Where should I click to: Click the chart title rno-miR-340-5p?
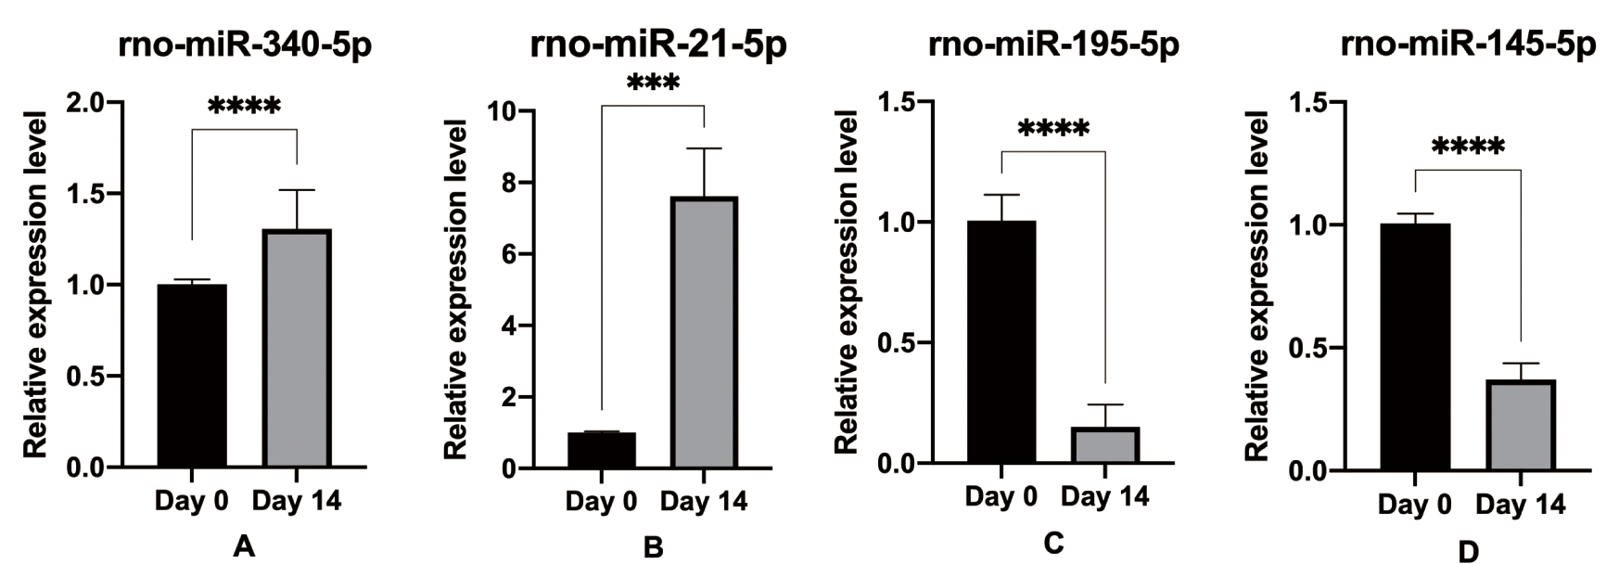click(x=245, y=45)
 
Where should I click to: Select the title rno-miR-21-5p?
click(x=658, y=45)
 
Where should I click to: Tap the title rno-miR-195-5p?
click(x=1054, y=45)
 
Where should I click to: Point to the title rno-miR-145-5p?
click(x=1469, y=45)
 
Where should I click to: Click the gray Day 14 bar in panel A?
click(x=297, y=349)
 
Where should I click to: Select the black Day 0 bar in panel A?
click(x=192, y=376)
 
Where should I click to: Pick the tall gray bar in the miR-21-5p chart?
click(x=704, y=333)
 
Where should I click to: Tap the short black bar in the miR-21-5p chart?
click(x=602, y=451)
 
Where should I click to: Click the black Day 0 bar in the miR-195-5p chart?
click(x=1001, y=342)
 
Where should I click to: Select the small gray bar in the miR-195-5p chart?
click(x=1105, y=445)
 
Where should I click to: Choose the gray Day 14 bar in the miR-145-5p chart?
click(x=1521, y=426)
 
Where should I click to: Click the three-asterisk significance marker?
click(x=653, y=84)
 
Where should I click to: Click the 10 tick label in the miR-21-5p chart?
click(x=502, y=111)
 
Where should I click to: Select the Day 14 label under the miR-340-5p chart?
click(x=297, y=502)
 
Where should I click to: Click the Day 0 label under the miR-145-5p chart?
click(x=1414, y=506)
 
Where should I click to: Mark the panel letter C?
click(x=1053, y=544)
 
